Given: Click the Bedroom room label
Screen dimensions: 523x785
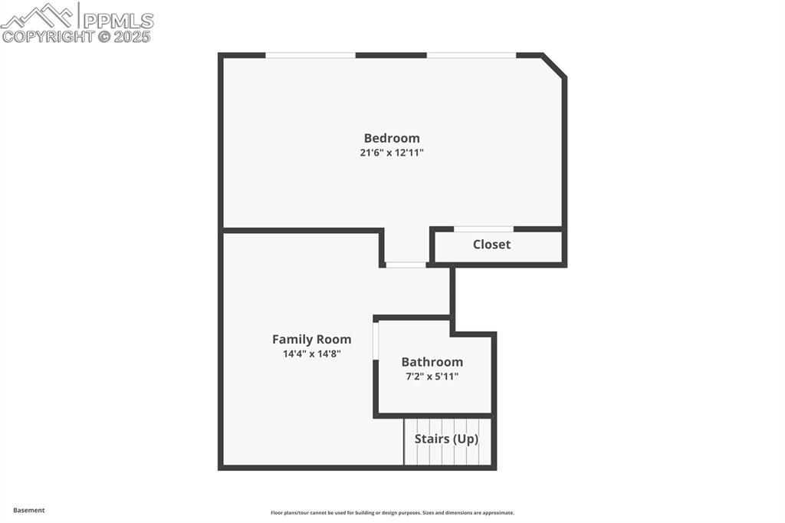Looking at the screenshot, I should tap(392, 138).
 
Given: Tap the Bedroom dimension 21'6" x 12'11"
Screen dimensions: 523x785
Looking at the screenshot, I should tap(392, 153).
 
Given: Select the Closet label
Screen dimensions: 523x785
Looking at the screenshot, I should tap(491, 245).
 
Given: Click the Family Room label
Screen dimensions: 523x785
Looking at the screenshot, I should tap(311, 339).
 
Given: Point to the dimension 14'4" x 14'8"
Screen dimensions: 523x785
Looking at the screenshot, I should tap(311, 354).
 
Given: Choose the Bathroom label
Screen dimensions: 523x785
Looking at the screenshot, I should tap(432, 362).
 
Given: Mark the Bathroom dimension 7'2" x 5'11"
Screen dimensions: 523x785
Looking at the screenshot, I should tap(432, 377).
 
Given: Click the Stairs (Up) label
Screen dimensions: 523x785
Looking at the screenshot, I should tap(446, 439).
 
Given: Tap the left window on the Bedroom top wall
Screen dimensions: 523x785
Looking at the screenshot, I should tap(310, 55).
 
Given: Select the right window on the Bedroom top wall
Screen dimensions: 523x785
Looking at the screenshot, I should tap(471, 55).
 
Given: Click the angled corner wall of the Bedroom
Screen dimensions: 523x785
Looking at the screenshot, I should tap(554, 65).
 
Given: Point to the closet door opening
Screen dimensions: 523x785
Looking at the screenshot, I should tap(484, 229).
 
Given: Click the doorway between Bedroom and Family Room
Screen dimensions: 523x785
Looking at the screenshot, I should tap(406, 265).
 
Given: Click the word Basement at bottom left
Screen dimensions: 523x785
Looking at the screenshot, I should tap(29, 510).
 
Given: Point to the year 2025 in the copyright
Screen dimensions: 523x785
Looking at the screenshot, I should tap(133, 36).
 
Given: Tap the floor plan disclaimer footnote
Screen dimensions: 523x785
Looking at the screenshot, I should tap(392, 513).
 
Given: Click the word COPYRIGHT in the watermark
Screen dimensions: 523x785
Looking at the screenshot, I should tap(48, 36).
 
